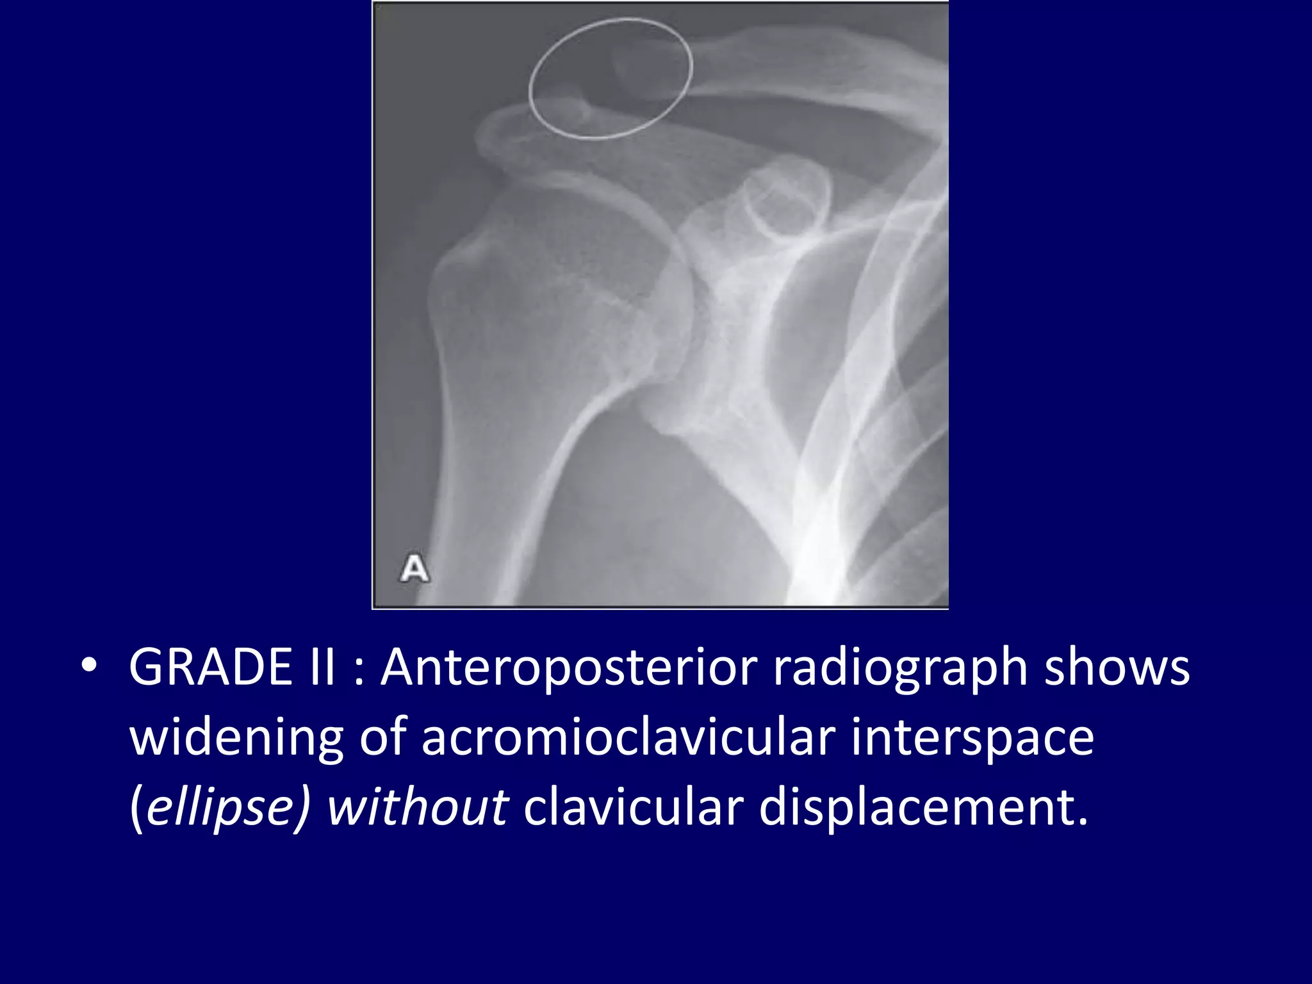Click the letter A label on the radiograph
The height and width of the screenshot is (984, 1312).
pyautogui.click(x=414, y=569)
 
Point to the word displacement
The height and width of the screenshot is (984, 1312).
pyautogui.click(x=922, y=807)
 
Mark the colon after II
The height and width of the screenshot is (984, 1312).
pyautogui.click(x=359, y=674)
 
